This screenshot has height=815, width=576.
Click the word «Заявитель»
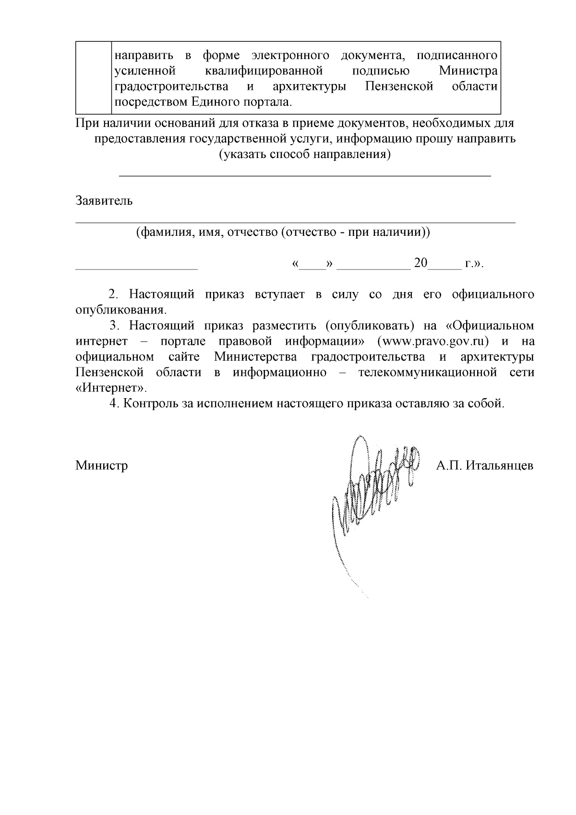click(104, 201)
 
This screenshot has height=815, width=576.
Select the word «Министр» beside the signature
click(101, 465)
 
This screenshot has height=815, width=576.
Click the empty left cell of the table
click(94, 77)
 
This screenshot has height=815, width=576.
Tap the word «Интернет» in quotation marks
click(111, 388)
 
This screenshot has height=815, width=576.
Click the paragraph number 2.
click(113, 294)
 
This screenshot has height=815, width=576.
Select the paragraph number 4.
click(113, 403)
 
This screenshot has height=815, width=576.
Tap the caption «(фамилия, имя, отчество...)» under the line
click(283, 232)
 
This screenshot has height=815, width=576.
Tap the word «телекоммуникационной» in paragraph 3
click(427, 373)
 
